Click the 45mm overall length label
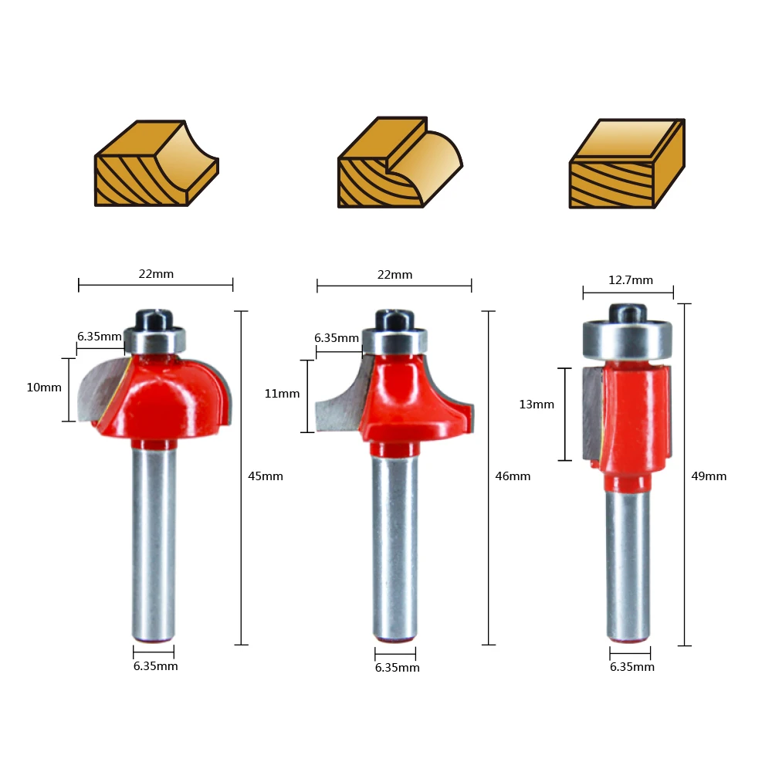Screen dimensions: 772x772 click(266, 476)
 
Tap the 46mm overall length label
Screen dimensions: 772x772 click(513, 476)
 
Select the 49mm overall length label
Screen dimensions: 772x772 click(709, 476)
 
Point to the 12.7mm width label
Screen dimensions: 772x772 click(631, 280)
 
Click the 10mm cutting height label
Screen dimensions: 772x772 click(44, 388)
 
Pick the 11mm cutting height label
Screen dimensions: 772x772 click(282, 394)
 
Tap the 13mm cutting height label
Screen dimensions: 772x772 click(537, 405)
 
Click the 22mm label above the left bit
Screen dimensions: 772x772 click(156, 274)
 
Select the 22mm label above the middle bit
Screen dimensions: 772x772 click(394, 275)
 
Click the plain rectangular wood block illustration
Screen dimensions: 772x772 click(627, 164)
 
